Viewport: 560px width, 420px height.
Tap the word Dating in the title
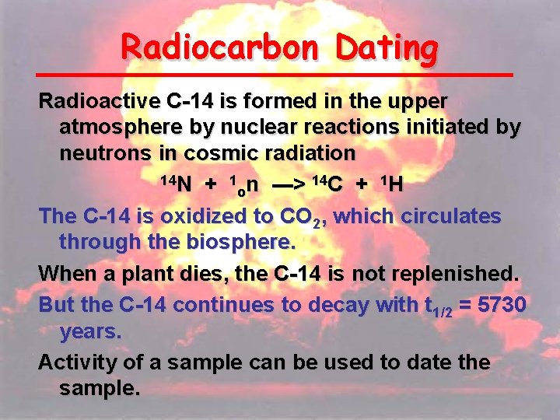[387, 48]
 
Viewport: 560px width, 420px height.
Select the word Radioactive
[100, 101]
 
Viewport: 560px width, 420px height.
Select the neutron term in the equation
[245, 184]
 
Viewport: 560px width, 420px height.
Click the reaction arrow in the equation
[289, 184]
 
